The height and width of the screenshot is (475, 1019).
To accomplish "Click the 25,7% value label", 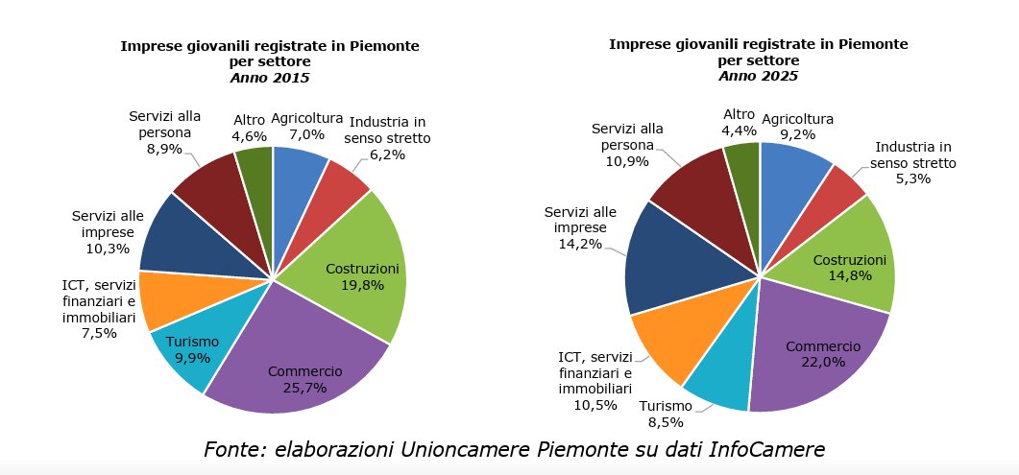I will [304, 388].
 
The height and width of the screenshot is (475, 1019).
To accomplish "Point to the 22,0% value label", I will [823, 362].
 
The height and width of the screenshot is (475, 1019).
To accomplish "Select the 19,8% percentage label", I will [363, 284].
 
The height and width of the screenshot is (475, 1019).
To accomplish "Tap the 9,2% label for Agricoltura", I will [797, 135].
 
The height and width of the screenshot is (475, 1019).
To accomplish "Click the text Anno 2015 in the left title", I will [270, 78].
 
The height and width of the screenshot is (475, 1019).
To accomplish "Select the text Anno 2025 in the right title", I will [759, 76].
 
